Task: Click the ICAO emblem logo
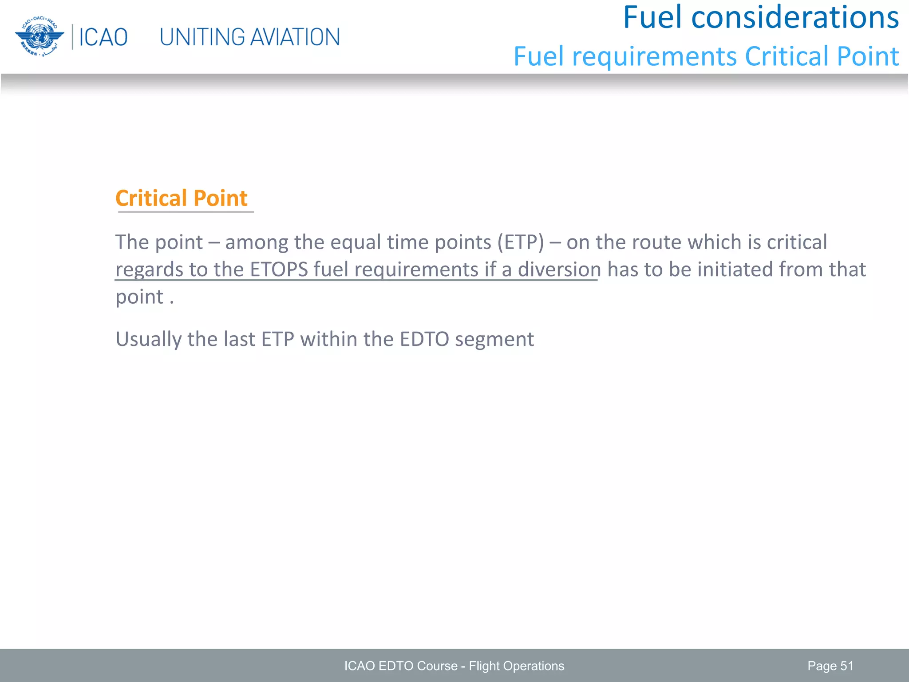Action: [39, 36]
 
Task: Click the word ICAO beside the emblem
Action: [103, 37]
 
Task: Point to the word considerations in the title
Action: [795, 18]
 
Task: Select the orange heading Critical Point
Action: [181, 198]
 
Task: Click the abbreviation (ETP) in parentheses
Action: [520, 242]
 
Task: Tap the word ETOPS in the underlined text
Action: [279, 270]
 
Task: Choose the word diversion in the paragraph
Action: [559, 270]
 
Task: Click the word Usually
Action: [148, 340]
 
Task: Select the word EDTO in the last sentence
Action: [424, 340]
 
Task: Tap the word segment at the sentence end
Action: [494, 340]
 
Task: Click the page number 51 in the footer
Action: [846, 666]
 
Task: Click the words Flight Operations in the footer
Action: [516, 666]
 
